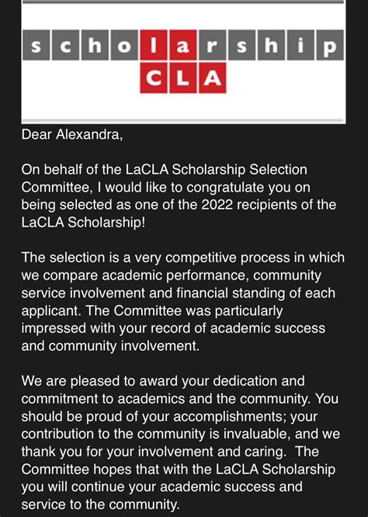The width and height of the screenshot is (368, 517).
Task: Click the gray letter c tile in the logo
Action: point(67,48)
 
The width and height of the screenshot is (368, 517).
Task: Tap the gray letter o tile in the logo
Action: point(125,48)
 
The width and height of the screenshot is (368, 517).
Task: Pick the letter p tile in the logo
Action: point(330,48)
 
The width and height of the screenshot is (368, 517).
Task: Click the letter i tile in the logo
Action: point(300,48)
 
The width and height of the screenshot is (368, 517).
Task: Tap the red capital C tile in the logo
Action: point(154,78)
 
